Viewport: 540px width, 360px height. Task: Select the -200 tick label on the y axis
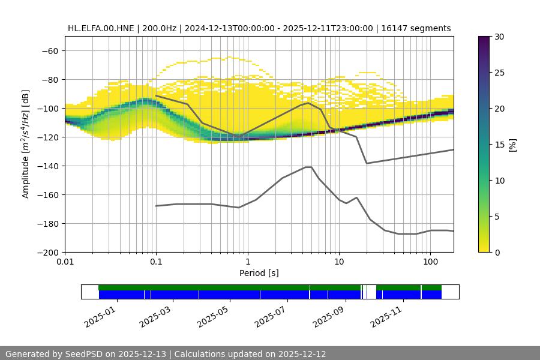48,252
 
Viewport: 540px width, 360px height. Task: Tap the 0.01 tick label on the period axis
65,262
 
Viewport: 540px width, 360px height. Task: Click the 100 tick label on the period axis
430,262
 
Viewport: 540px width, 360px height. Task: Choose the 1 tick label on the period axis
247,262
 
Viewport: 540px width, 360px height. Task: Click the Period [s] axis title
259,273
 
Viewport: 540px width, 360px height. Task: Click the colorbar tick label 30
499,37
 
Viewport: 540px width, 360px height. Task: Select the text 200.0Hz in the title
159,28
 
